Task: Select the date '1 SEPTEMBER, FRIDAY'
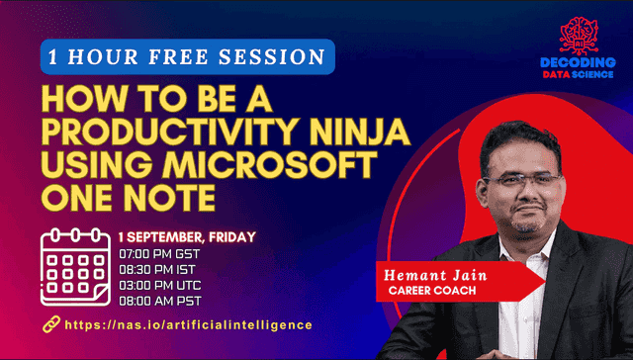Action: (187, 237)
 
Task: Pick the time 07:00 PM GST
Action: (159, 254)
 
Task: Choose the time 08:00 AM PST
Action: (159, 300)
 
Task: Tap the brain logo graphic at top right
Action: (578, 36)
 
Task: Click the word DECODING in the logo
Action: (578, 61)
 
